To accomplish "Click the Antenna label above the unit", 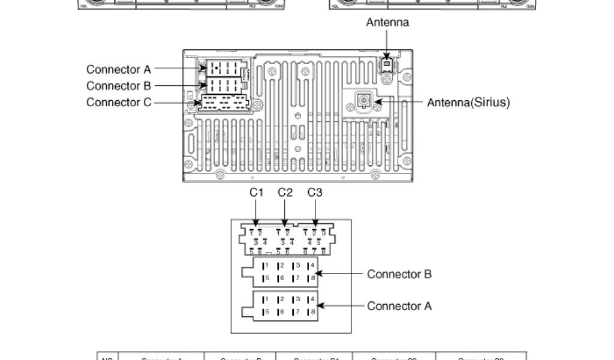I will tap(387, 23).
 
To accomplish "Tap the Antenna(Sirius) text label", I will tap(468, 103).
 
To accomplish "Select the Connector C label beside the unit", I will tap(119, 102).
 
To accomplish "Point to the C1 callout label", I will tap(257, 193).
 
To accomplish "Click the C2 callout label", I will tap(285, 193).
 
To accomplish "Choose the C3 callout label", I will tap(315, 193).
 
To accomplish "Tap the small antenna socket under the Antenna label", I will tap(387, 64).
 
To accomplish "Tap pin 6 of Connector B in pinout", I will tap(280, 278).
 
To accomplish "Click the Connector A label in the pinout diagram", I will tap(399, 306).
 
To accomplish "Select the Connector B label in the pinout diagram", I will tap(399, 274).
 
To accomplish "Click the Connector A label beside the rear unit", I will tap(119, 69).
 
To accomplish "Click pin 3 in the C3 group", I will tap(323, 232).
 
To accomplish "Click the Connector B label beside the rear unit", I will tap(119, 86).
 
